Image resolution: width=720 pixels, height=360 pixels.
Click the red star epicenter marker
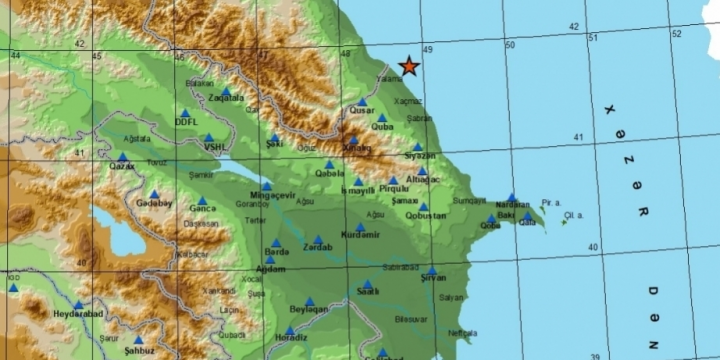(409, 67)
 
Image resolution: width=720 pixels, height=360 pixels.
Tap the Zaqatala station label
(226, 98)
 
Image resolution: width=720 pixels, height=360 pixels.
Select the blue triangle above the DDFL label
(186, 113)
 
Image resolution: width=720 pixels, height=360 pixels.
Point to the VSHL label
(215, 146)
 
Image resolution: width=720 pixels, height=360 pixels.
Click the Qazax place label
(122, 166)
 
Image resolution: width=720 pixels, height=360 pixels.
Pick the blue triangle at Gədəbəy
(154, 194)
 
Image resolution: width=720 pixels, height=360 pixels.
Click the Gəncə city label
(203, 208)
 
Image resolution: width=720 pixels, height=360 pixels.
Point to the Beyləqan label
(308, 310)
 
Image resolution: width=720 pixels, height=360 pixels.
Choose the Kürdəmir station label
(361, 235)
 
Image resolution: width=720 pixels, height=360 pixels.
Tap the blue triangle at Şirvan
(431, 270)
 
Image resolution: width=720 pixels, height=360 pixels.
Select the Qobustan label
(427, 216)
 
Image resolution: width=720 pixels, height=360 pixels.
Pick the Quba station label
(382, 127)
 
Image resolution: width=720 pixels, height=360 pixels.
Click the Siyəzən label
(420, 156)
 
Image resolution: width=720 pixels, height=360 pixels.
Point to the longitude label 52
(676, 34)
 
